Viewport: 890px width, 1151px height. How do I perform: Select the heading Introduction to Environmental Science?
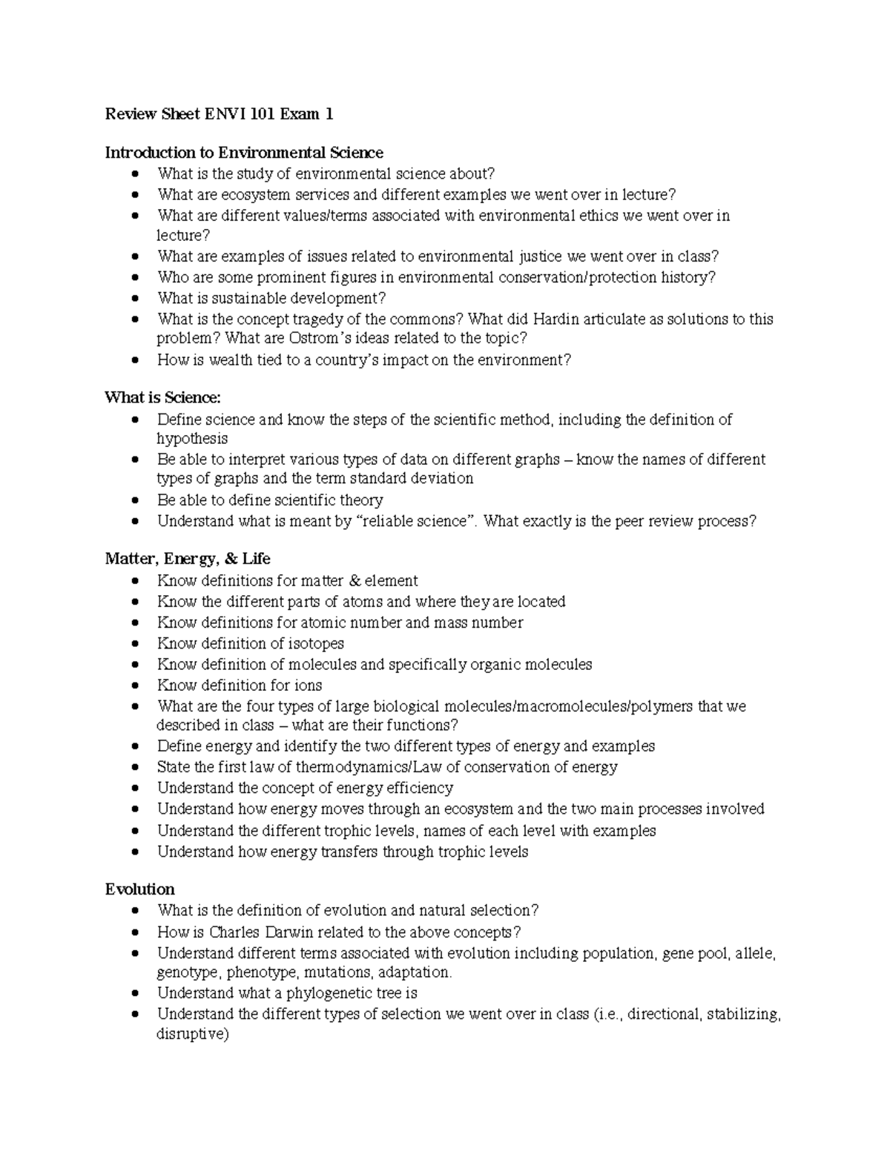coord(244,153)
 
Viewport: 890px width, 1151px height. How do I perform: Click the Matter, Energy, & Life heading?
coord(188,559)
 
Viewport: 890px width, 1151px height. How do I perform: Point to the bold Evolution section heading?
coord(139,889)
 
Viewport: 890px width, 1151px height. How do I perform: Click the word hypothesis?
coord(192,439)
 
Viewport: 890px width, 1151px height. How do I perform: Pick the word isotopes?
coord(314,643)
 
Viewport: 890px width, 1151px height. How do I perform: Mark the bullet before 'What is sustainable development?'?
coord(133,299)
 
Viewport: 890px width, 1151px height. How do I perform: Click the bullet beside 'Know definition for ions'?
coord(133,686)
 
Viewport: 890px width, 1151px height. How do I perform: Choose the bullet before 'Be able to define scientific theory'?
coord(133,500)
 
